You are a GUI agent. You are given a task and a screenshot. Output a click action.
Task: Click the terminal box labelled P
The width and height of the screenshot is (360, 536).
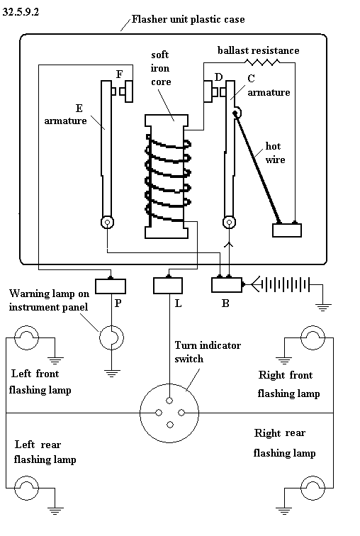click(111, 286)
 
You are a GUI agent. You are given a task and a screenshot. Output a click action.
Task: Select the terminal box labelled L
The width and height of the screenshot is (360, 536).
click(168, 286)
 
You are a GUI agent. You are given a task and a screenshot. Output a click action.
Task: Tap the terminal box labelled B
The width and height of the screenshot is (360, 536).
click(227, 285)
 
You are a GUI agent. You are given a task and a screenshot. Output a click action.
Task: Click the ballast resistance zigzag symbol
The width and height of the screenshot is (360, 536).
click(262, 62)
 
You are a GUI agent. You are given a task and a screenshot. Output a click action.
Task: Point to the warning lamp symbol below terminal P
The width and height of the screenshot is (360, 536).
click(112, 337)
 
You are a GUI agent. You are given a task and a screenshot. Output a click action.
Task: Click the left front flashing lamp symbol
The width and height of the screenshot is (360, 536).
click(26, 337)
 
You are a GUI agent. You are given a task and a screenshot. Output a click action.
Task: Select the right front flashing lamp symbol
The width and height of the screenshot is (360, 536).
click(313, 337)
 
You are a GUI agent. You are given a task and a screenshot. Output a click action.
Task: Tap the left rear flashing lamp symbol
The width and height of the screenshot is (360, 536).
click(26, 488)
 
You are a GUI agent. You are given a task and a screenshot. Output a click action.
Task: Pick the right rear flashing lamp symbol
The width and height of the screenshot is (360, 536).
click(313, 488)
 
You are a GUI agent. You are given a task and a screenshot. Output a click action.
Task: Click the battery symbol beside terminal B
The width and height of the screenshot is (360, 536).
click(285, 284)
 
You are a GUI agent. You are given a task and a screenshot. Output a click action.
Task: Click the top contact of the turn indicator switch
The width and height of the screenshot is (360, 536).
click(170, 401)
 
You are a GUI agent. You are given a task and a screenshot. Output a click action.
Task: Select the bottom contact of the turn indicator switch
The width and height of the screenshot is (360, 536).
click(170, 425)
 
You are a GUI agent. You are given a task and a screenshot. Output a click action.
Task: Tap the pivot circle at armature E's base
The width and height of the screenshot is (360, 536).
click(107, 223)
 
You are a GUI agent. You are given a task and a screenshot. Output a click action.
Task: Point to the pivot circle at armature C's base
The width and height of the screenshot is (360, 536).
click(229, 223)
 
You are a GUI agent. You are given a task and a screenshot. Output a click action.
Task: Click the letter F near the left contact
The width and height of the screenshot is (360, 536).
click(120, 74)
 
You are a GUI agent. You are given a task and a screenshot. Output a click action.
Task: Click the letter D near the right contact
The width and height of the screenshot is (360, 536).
click(218, 77)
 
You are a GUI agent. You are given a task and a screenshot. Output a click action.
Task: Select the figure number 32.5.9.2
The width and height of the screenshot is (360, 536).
click(21, 12)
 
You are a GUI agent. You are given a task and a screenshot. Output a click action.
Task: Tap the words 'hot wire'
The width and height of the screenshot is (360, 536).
click(275, 153)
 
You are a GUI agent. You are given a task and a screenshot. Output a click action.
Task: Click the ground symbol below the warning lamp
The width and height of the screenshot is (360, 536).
click(112, 373)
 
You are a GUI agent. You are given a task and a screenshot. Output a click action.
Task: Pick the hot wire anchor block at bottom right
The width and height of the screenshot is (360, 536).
click(287, 230)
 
